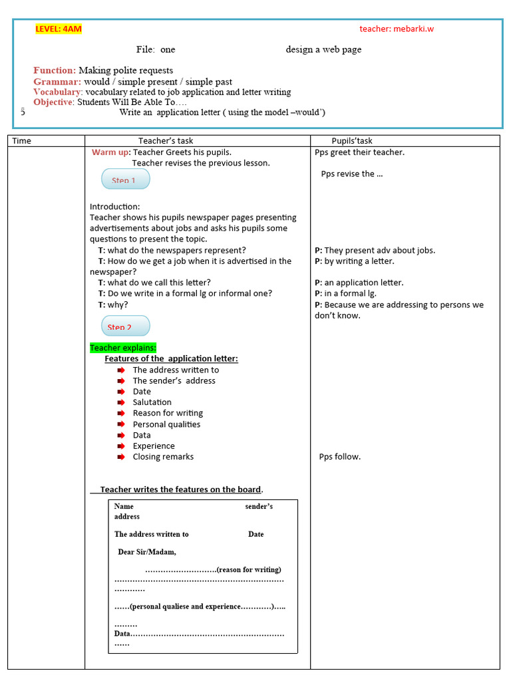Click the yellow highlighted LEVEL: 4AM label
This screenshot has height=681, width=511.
(59, 29)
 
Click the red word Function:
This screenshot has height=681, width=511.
(55, 70)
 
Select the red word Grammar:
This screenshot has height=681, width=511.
(57, 82)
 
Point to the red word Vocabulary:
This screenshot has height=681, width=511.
(58, 92)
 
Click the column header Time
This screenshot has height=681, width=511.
(22, 141)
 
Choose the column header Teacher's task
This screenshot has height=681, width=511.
(166, 141)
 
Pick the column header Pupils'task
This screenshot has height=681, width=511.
(352, 141)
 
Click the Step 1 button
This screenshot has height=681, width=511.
(125, 179)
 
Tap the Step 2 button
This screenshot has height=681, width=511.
(125, 326)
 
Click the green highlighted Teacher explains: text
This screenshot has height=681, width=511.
(123, 348)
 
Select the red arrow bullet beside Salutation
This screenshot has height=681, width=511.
(120, 402)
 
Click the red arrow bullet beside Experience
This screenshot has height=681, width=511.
(120, 446)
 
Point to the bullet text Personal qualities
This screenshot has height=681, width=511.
(166, 424)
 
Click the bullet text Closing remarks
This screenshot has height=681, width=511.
(163, 457)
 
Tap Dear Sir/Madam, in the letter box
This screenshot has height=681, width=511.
(147, 552)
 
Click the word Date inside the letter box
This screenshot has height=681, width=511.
(256, 534)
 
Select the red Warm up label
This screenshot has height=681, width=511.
(110, 152)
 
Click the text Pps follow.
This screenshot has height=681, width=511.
(340, 457)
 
